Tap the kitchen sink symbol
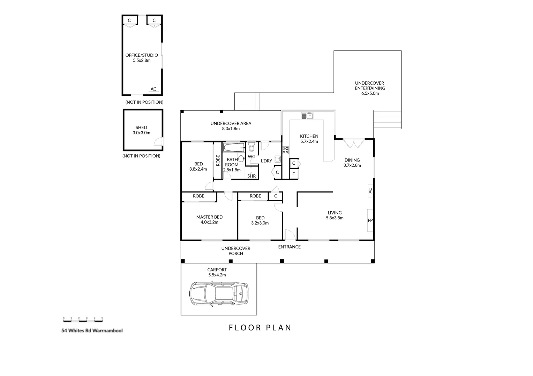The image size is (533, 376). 308,116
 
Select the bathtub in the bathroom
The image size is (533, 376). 234,148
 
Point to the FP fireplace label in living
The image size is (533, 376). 370,220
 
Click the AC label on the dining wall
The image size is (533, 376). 370,191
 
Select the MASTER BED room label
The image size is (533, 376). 209,217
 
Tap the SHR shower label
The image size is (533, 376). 252,176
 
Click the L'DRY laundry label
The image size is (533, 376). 266,161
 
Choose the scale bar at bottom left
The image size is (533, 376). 83,319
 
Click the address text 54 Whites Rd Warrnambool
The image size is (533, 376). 92,330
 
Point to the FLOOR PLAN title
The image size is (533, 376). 260,328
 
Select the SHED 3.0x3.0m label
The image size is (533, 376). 141,130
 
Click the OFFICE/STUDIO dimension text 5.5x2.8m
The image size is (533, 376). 142,60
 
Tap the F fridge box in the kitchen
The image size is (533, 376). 294,174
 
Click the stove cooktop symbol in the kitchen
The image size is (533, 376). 285,150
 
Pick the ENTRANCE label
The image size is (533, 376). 289,247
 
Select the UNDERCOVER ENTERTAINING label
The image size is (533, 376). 370,88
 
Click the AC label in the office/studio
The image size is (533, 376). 153,89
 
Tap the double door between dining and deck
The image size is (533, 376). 354,143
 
